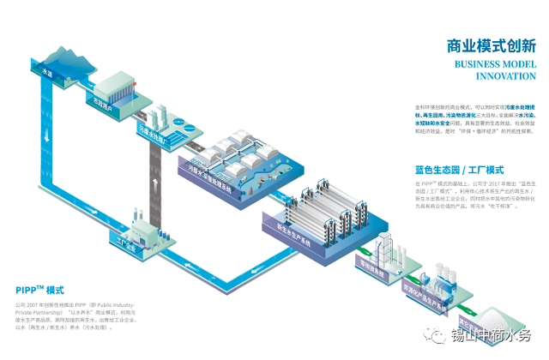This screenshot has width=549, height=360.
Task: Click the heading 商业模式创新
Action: click(492, 46)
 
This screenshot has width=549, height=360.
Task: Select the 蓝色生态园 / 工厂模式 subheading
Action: click(458, 170)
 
